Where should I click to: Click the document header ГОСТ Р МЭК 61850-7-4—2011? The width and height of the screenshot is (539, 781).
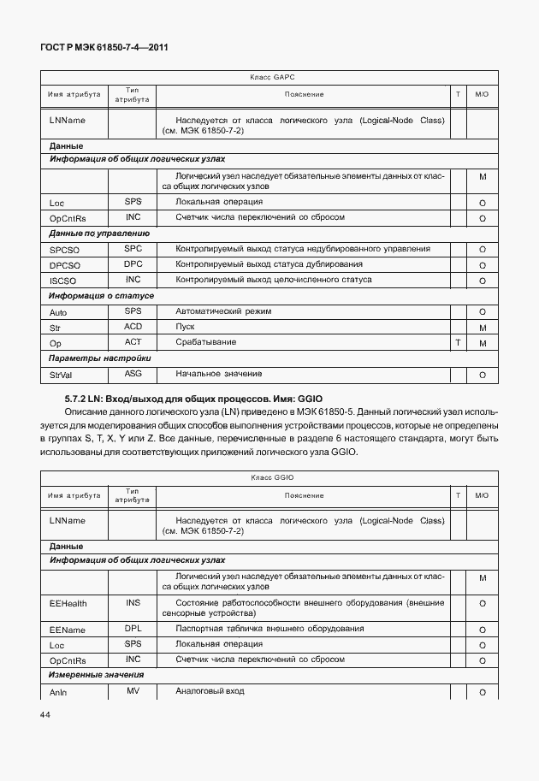(x=104, y=48)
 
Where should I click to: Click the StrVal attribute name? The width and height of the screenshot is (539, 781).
(x=60, y=375)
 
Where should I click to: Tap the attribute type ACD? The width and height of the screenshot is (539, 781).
(x=133, y=327)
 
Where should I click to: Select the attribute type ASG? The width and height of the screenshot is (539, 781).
(x=133, y=374)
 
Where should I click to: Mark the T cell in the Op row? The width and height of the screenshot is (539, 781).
(x=459, y=343)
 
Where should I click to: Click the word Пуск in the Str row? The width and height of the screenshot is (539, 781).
(x=185, y=327)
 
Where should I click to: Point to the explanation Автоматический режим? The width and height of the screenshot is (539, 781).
(x=217, y=311)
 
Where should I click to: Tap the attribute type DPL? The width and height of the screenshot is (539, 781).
(x=133, y=628)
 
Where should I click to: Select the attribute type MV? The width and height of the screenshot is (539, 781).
(x=133, y=690)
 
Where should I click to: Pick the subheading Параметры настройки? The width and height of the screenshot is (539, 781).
(x=100, y=358)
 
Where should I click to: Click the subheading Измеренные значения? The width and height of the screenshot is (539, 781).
(x=96, y=675)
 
